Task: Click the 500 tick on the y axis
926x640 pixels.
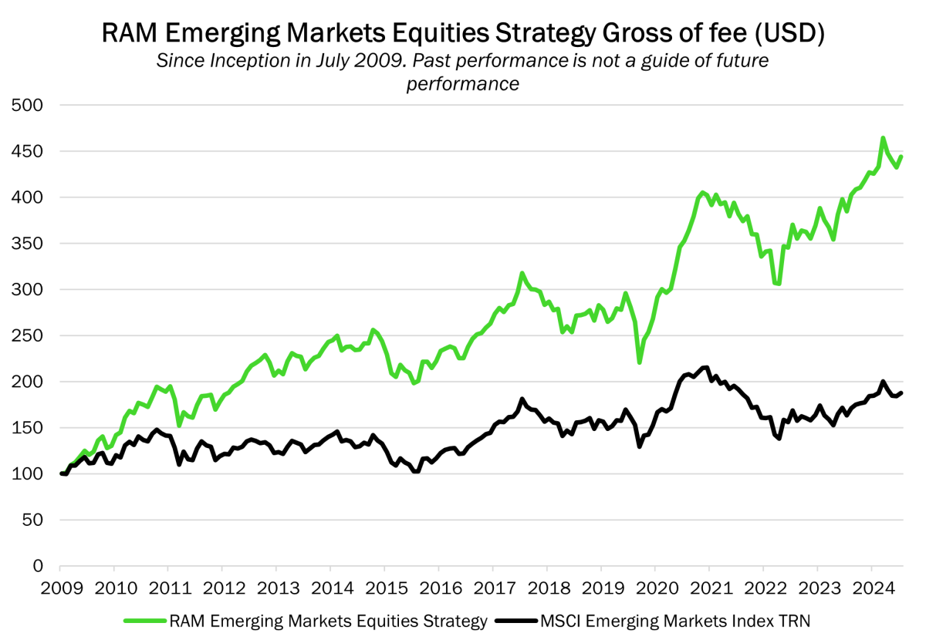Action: pos(29,106)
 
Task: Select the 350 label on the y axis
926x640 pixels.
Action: pos(29,244)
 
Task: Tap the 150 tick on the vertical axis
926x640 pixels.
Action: pos(29,428)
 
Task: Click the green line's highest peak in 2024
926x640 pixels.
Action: pos(883,138)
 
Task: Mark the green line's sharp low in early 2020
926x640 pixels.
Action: pos(640,362)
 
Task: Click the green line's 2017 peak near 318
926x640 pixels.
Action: pos(522,273)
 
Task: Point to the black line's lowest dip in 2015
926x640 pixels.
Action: pos(416,471)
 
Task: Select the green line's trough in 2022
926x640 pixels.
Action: pos(778,284)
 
